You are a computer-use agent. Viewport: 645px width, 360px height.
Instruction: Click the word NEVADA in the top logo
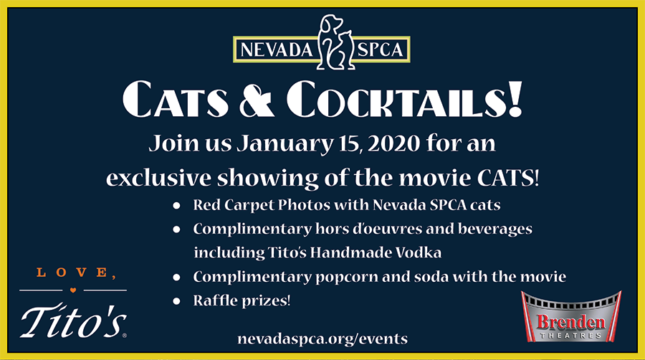277,49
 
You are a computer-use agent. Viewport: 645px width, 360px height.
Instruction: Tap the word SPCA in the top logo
380,49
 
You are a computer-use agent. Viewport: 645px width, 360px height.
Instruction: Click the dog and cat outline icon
335,42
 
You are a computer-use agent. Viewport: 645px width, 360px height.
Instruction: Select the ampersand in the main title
257,100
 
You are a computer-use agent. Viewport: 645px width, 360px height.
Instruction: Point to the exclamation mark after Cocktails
515,99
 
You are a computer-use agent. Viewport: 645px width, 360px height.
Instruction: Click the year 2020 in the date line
393,143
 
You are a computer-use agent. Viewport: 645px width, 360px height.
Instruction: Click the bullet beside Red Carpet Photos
176,205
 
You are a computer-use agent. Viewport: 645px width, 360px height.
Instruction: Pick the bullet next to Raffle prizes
176,301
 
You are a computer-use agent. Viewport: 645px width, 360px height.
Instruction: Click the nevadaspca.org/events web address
322,339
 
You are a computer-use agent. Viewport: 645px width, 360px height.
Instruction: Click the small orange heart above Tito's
73,290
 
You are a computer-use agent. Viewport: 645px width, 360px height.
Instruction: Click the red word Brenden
571,321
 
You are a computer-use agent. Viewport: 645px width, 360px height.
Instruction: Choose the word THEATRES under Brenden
570,336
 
